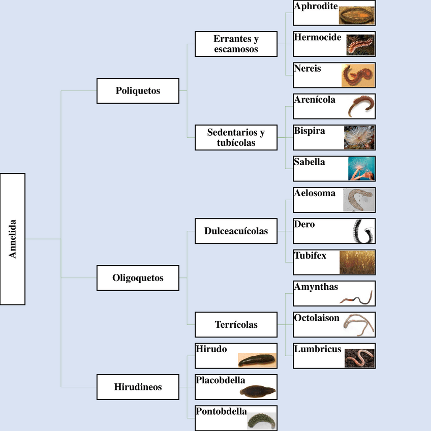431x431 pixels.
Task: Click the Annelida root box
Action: [13, 239]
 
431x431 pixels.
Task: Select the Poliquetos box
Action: [138, 91]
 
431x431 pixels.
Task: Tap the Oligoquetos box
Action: [138, 278]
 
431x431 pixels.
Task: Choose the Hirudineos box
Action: [138, 387]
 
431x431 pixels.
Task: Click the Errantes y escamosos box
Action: [236, 44]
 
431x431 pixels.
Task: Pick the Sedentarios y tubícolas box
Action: [236, 138]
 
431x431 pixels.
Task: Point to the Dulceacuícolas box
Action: [236, 231]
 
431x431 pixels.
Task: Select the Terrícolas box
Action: [236, 325]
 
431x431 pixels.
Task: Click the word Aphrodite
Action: [316, 6]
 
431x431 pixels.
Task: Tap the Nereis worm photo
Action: [358, 75]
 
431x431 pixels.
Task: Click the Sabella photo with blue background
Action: [362, 169]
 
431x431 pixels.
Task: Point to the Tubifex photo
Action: [357, 262]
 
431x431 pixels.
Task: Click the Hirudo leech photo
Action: [258, 360]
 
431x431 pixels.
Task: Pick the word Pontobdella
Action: [221, 411]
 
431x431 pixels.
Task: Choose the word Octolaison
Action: [317, 318]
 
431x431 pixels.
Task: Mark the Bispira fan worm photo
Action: [359, 137]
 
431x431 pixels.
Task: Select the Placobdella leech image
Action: [258, 391]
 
